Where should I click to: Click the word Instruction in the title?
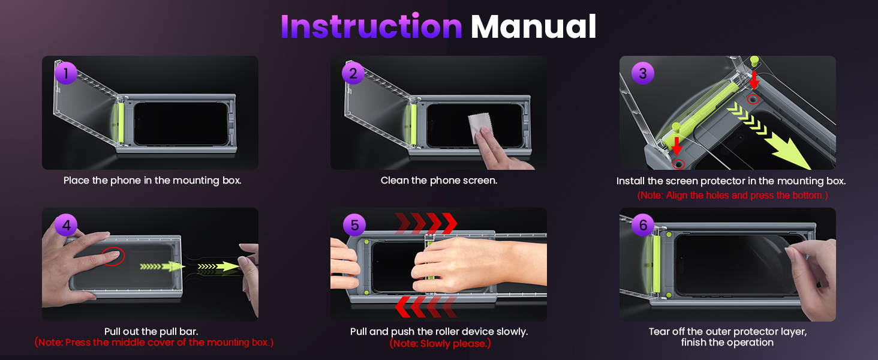[x=372, y=26]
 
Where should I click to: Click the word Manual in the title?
[x=534, y=26]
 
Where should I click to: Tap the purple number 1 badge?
[x=66, y=73]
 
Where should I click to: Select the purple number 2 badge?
[x=353, y=73]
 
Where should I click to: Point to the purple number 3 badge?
[x=643, y=73]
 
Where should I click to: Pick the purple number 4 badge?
[x=66, y=225]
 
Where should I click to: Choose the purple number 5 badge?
[x=354, y=225]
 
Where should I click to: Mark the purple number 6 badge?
[x=643, y=225]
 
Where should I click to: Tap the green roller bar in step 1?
[x=121, y=123]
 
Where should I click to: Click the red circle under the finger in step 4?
[x=113, y=256]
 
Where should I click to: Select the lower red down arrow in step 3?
[x=676, y=146]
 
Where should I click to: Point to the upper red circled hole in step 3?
[x=753, y=99]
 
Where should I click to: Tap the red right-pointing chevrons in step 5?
[x=426, y=224]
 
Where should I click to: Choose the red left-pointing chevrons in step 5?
[x=426, y=307]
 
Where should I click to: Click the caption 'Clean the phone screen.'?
[x=438, y=181]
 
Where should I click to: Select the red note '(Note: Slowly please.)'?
[x=440, y=344]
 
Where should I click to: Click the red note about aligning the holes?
[x=732, y=195]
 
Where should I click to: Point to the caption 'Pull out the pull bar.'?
[x=151, y=331]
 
